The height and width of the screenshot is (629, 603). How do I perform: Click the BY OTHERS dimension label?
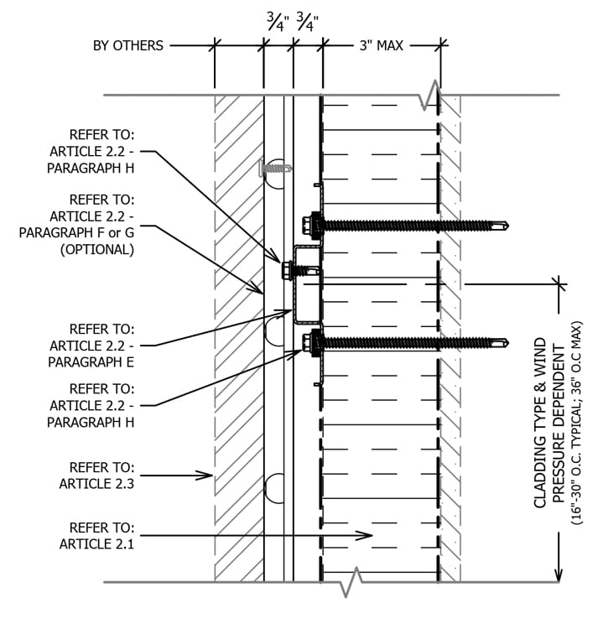coord(127,45)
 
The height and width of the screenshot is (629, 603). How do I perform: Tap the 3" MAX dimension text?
coord(382,45)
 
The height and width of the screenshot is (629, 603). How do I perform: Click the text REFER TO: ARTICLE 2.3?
coord(96,475)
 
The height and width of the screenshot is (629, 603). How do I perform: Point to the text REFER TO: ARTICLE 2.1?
coord(96,535)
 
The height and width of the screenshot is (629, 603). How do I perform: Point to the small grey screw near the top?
coord(275,168)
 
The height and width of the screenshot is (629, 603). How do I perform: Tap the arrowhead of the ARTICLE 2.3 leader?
coord(209,476)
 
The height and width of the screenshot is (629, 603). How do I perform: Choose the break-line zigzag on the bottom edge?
coord(350,581)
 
